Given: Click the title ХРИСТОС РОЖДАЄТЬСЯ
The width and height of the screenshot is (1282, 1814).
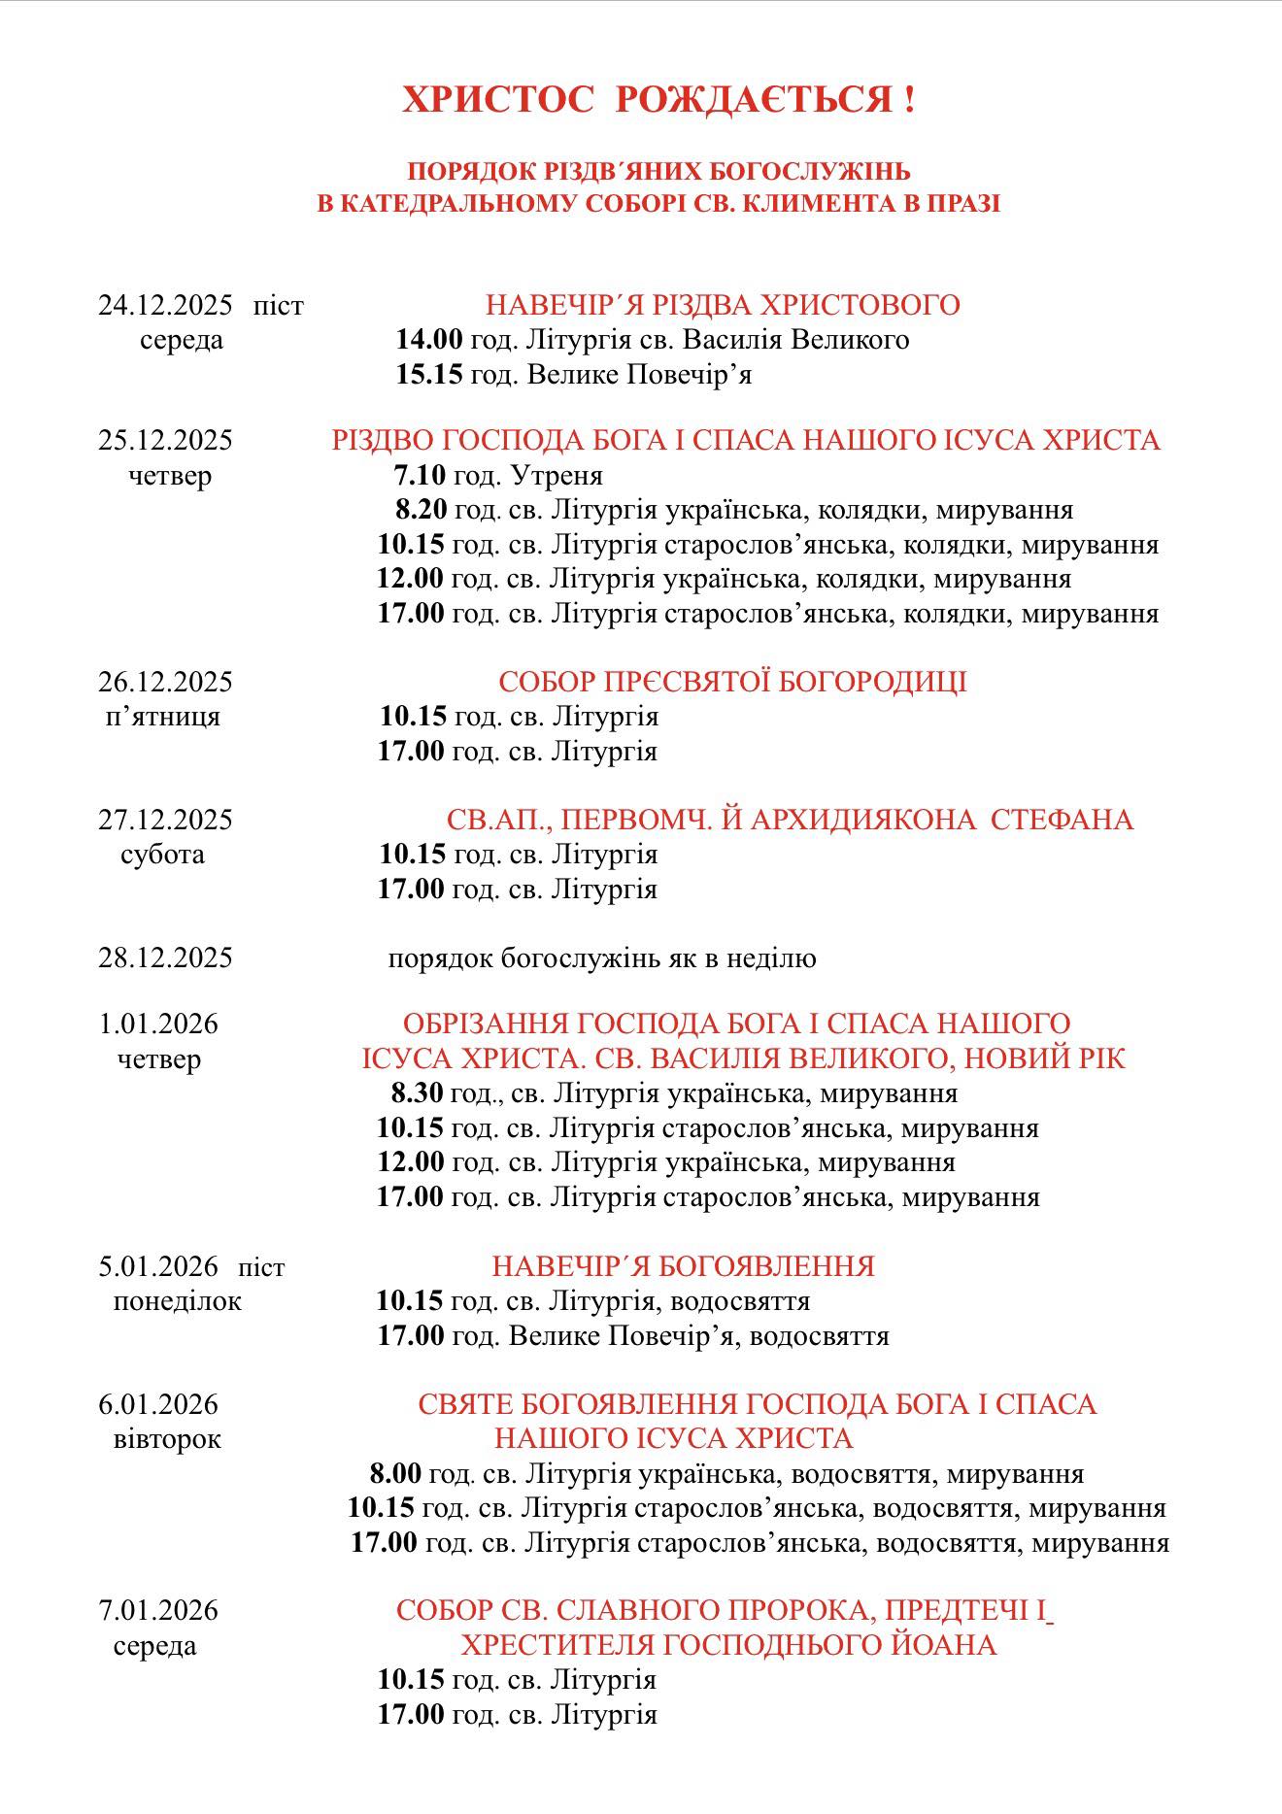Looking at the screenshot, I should pos(658,100).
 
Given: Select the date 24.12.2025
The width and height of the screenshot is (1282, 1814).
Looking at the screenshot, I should pos(165,305).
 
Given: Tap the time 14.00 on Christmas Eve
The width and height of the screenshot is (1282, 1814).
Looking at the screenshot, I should pos(428,340).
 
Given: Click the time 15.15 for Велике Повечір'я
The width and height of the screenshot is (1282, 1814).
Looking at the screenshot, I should pos(428,375).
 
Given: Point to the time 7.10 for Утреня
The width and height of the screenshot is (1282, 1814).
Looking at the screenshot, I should pos(420,475).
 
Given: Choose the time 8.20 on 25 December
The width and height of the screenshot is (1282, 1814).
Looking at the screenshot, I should pos(421,510).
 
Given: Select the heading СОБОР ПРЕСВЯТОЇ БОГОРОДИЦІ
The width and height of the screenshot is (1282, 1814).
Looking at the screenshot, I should pos(732,682).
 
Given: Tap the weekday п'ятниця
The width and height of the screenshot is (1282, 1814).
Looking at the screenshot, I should pos(162,717).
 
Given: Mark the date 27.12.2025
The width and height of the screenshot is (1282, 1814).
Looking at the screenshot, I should pos(165,820).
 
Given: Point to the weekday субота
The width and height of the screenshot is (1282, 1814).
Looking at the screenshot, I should pos(162,855).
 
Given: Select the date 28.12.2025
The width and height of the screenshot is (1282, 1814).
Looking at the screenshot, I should pos(165,958).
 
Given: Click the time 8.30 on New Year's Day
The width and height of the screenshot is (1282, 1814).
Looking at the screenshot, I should pos(418,1093).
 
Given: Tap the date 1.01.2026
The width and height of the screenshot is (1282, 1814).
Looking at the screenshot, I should pos(158,1024).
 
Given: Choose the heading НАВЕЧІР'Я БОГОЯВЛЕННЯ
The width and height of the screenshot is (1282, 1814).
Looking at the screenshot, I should pos(683,1266).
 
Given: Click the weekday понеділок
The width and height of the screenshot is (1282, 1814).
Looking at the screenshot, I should pos(177,1301).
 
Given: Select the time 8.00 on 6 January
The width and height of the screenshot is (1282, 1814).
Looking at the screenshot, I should pos(395,1474).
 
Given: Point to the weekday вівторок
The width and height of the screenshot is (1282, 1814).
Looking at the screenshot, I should pos(167,1439).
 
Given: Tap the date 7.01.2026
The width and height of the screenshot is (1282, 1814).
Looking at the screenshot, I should pos(158,1611).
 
